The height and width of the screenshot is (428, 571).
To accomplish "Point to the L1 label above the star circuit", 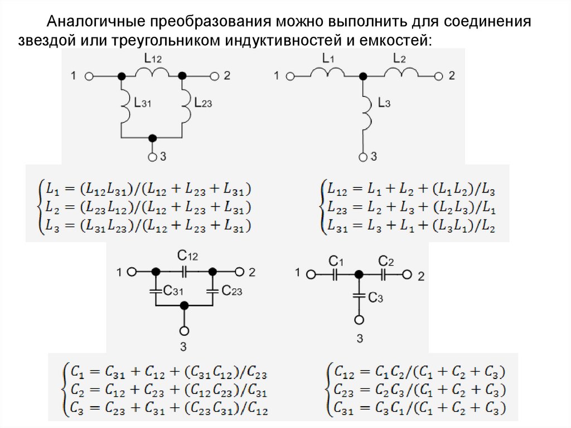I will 328,57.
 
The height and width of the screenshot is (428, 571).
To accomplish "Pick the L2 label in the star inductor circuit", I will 400,57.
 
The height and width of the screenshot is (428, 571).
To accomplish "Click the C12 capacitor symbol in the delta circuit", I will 185,272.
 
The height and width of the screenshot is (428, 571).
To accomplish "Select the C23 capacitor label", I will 231,290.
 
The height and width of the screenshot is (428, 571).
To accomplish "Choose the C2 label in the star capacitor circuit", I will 386,261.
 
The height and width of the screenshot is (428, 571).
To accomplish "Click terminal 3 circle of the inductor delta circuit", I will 152,157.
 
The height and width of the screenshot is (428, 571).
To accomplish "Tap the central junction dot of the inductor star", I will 364,75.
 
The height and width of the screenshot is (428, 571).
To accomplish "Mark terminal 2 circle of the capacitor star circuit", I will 408,275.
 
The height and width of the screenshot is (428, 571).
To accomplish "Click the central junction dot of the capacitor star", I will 360,275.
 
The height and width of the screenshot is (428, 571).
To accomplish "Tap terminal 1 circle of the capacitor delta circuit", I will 132,272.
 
